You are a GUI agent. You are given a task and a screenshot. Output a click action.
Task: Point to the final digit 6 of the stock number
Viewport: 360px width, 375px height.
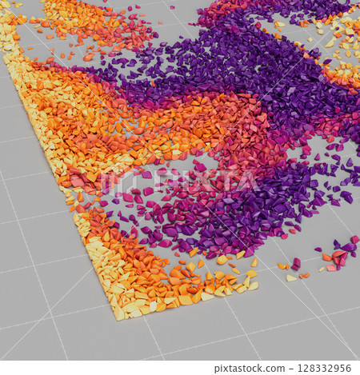[x=350, y=368]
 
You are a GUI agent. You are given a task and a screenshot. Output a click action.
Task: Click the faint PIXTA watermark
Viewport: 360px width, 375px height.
[x=180, y=181]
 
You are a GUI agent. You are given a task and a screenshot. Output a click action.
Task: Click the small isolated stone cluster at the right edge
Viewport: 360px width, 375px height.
[x=340, y=254]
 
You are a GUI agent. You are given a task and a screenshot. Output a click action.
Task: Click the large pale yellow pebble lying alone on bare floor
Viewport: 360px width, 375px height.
[x=291, y=278]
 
